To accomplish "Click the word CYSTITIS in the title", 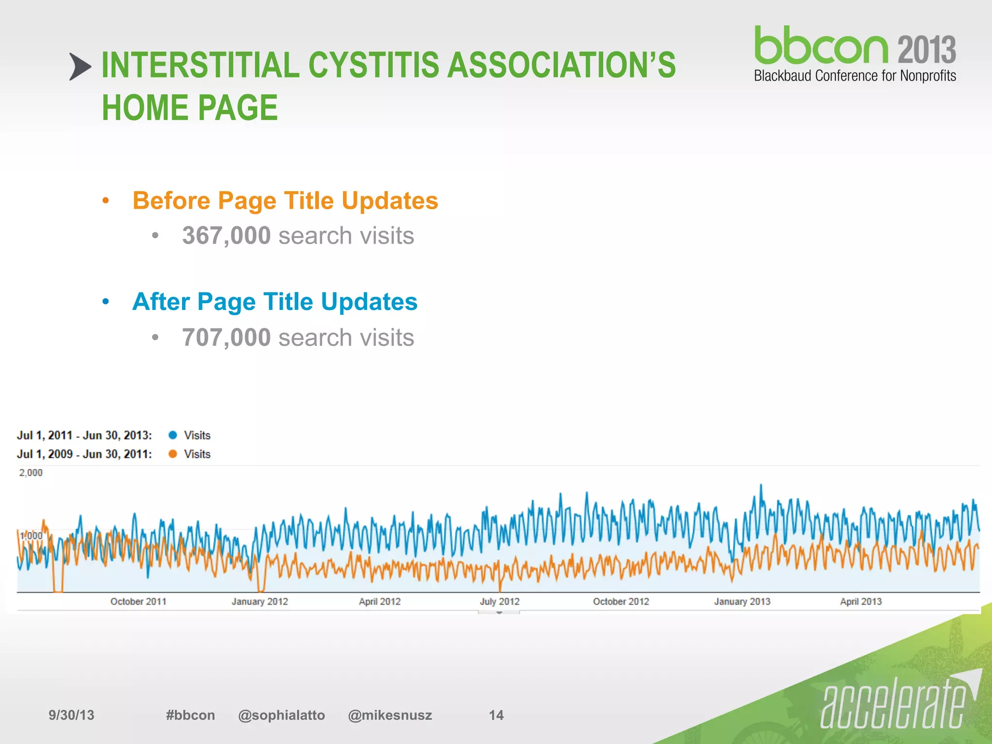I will tap(374, 65).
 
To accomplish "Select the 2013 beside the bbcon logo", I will tap(927, 49).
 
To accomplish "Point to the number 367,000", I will tap(226, 236).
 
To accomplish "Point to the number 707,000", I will tap(226, 338).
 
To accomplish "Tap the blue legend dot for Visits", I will tap(172, 435).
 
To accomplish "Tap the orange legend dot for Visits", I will tap(172, 454).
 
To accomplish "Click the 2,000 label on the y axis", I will tap(31, 473).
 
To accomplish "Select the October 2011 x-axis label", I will tap(138, 602).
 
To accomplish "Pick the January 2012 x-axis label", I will tap(260, 602).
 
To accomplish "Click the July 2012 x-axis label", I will tap(499, 602).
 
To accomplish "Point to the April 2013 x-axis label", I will tap(861, 602).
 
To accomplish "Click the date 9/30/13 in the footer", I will tap(71, 715).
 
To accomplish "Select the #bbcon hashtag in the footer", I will tap(190, 715).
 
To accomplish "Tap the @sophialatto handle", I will tap(281, 715).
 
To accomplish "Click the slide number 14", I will tap(496, 715).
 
